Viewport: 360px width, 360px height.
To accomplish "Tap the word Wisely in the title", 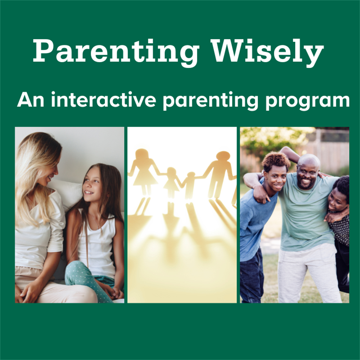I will (269, 51).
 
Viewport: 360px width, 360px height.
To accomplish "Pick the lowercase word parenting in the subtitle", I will (210, 100).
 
